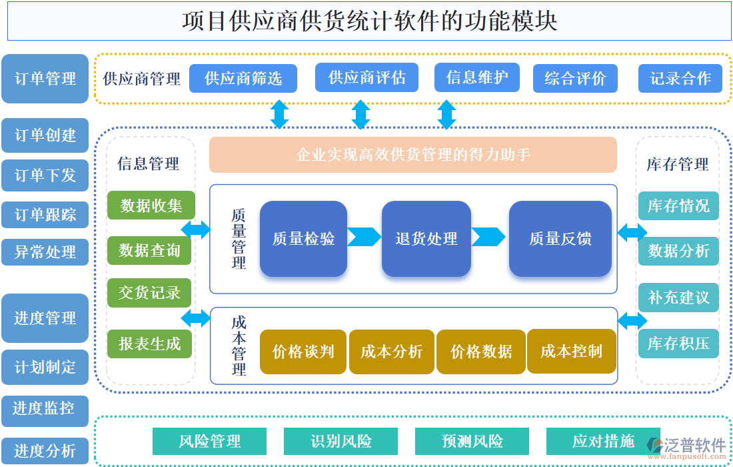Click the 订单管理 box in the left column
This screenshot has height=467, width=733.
pos(45,79)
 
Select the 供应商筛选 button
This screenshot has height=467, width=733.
pos(243,78)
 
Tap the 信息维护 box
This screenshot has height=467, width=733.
pos(477,77)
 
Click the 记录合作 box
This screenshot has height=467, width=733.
pos(680,78)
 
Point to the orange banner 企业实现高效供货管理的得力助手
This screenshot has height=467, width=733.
pos(413,155)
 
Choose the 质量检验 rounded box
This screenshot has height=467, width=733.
pos(303,238)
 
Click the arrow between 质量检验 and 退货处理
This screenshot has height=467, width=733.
pos(364,237)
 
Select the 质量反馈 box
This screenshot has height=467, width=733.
pos(560,238)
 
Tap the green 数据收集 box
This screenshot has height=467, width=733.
pos(151,205)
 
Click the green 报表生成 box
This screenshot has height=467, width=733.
pos(150,344)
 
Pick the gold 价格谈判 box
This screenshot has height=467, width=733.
pos(303,352)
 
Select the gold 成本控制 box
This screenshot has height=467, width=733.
pos(571,351)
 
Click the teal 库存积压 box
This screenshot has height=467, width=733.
pos(678,344)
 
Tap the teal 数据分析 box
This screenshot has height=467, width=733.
pos(678,251)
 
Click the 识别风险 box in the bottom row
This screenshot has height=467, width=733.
pos(341,441)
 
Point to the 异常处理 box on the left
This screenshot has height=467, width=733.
pos(45,252)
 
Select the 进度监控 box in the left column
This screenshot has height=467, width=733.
pos(45,408)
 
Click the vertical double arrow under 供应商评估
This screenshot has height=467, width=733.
pos(361,115)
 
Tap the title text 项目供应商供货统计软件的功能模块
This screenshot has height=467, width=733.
pos(369,21)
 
